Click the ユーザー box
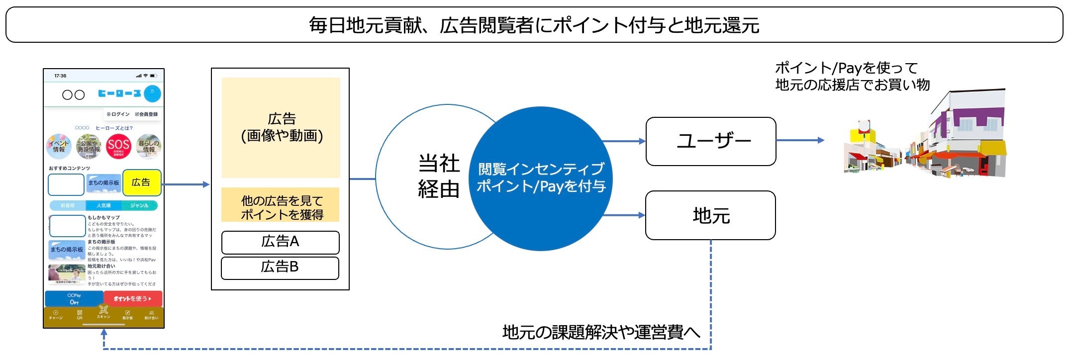pyautogui.click(x=710, y=141)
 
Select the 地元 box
pyautogui.click(x=710, y=215)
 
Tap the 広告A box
pyautogui.click(x=280, y=242)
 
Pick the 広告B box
pyautogui.click(x=280, y=268)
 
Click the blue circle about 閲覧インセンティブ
pyautogui.click(x=541, y=178)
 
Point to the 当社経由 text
pyautogui.click(x=438, y=176)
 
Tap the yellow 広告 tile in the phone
pyautogui.click(x=141, y=183)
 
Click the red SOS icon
pyautogui.click(x=118, y=146)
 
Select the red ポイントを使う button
pyautogui.click(x=133, y=298)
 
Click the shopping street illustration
pyautogui.click(x=925, y=139)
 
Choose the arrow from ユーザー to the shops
pyautogui.click(x=800, y=140)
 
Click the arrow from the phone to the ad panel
pyautogui.click(x=186, y=184)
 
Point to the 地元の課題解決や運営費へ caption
pyautogui.click(x=601, y=332)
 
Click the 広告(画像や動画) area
pyautogui.click(x=281, y=127)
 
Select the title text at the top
pyautogui.click(x=534, y=25)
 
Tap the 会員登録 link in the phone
pyautogui.click(x=146, y=114)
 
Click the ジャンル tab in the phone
pyautogui.click(x=139, y=205)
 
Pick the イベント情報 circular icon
pyautogui.click(x=59, y=146)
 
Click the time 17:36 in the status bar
pyautogui.click(x=60, y=76)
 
